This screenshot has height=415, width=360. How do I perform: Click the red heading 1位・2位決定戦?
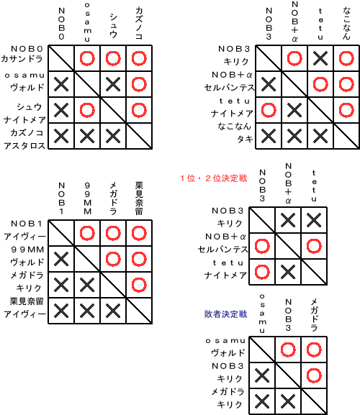(x=214, y=178)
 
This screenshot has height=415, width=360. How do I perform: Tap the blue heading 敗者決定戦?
(x=225, y=314)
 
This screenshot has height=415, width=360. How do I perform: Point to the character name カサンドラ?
(x=22, y=58)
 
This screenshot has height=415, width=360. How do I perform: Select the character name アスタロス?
(x=24, y=145)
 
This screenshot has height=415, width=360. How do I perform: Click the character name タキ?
(x=245, y=139)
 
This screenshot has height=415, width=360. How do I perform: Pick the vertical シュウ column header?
(x=113, y=26)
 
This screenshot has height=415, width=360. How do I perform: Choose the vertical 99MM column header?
(x=87, y=199)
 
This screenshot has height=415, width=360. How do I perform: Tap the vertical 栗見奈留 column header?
(x=139, y=199)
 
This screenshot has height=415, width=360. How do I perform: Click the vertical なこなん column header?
(x=346, y=23)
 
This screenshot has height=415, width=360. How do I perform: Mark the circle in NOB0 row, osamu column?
(x=87, y=58)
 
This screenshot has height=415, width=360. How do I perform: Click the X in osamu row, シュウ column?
(x=113, y=84)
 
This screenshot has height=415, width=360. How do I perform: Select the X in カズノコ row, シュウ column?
(x=113, y=136)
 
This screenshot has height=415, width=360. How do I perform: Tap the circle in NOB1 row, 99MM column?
(x=87, y=233)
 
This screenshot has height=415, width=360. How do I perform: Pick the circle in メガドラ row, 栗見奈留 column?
(x=139, y=285)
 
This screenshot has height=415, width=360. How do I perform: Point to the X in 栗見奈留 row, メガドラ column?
(x=113, y=311)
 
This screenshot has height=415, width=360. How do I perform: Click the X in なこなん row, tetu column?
(x=320, y=136)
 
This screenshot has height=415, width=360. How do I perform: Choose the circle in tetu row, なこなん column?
(x=346, y=110)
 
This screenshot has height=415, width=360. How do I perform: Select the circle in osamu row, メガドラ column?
(x=314, y=350)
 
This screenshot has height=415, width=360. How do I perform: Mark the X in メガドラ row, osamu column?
(x=262, y=401)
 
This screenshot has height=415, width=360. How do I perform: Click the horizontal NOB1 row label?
(x=27, y=224)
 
